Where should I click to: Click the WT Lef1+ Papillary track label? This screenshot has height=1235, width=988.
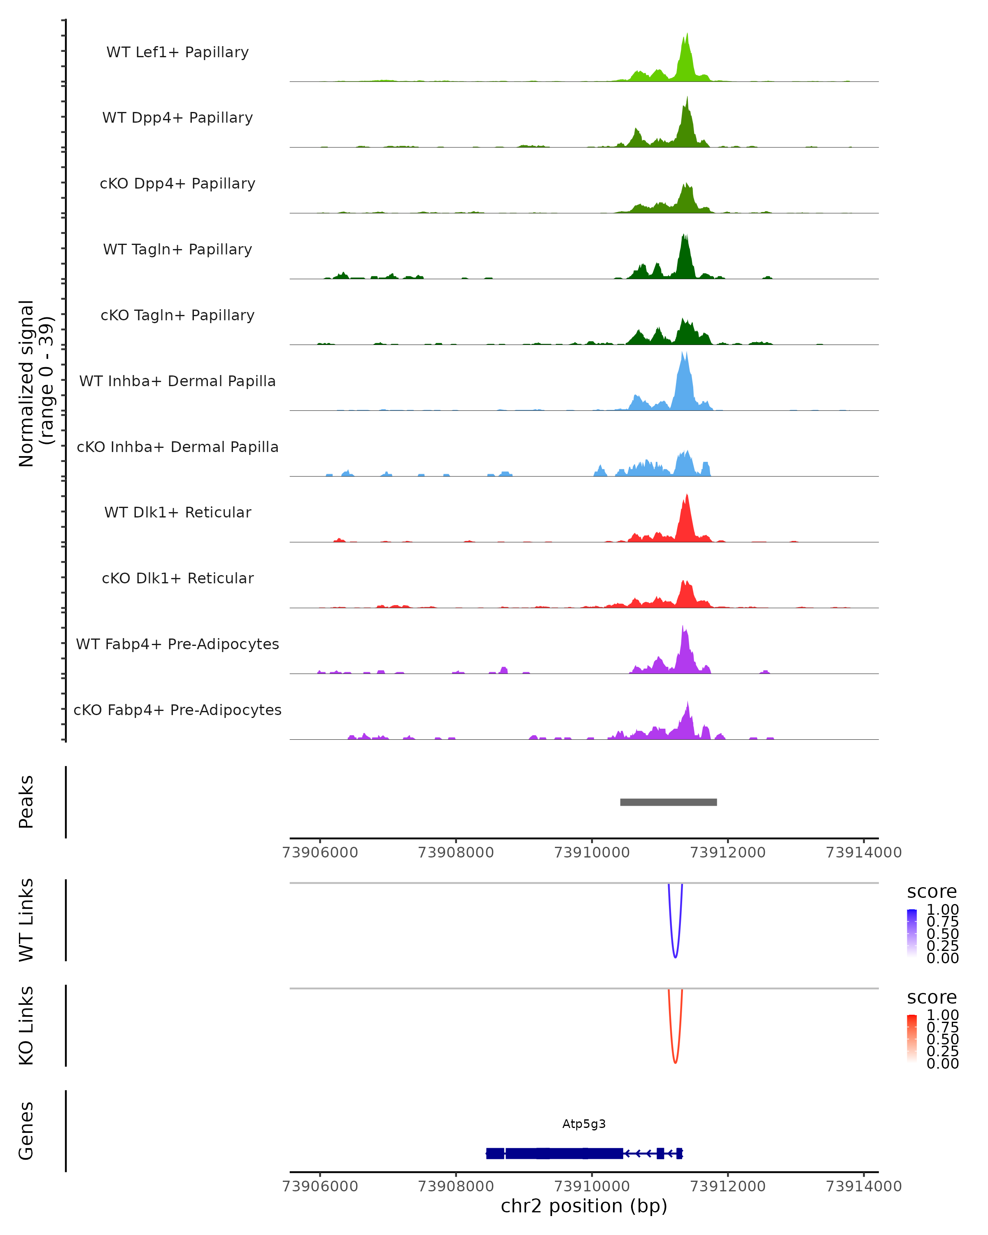[177, 52]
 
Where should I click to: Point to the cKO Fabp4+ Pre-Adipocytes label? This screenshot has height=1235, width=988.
[177, 710]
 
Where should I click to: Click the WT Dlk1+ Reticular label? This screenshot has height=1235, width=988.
[177, 512]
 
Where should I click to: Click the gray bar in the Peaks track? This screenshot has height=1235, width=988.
[669, 802]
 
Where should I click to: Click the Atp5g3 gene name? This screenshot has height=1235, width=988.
[584, 1124]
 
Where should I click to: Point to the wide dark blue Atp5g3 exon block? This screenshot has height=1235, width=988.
[564, 1153]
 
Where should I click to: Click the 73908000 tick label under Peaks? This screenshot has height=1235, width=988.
[456, 853]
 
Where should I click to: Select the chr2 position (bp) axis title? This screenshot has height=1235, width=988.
[584, 1206]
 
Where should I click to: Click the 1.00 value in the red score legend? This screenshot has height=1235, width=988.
[942, 1015]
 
